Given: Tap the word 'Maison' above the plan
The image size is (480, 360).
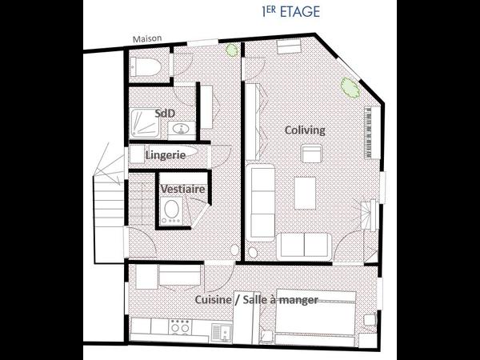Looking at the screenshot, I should (149, 42).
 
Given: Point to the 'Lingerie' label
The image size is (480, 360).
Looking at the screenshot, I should (166, 154).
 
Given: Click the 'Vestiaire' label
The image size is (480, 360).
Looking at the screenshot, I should (182, 189).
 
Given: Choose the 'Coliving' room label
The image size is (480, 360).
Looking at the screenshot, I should (305, 130).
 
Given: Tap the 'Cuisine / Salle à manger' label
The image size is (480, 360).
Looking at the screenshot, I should (257, 299).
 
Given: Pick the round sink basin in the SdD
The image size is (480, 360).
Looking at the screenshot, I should (182, 129).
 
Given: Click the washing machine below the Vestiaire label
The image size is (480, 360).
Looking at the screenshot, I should (171, 211).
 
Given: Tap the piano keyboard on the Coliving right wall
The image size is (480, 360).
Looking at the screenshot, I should (370, 133).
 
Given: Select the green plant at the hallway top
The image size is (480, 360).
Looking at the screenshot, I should (232, 50).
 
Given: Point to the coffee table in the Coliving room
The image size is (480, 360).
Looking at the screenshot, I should (306, 191).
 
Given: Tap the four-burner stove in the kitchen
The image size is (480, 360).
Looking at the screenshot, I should (181, 326).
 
